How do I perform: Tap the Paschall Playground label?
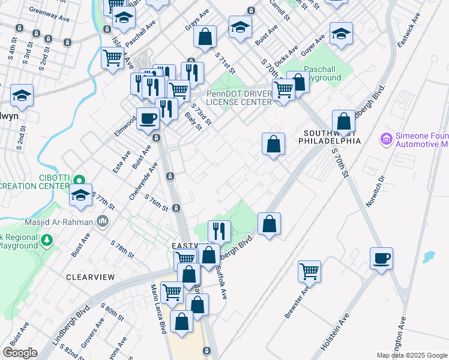point(322,73)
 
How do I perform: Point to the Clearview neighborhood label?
point(90,277)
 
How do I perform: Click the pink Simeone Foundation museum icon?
point(386,139)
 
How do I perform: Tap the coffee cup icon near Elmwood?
point(147,118)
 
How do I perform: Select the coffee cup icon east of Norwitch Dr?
point(381,258)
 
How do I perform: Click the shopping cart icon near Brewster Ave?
point(310,270)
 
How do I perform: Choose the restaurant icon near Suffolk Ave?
point(218,230)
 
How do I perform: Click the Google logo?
point(20,353)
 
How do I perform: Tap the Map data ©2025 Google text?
point(412,355)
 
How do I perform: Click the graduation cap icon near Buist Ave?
point(240,27)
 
